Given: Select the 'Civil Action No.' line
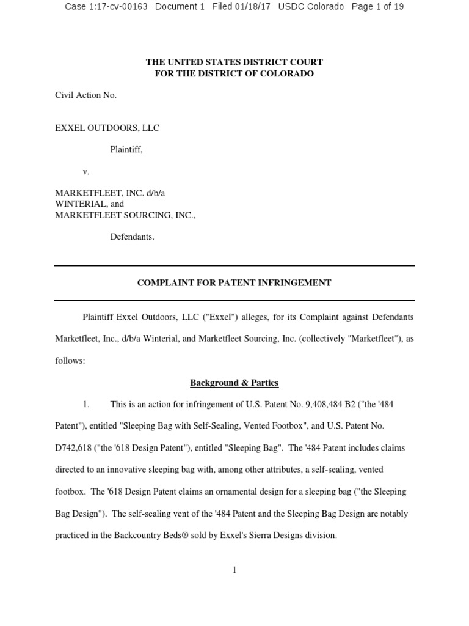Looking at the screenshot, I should click(85, 95).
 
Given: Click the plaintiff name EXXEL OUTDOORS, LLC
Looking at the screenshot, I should click(107, 128).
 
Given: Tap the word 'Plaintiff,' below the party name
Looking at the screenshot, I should click(126, 150).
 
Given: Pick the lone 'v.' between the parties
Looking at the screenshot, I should click(86, 172).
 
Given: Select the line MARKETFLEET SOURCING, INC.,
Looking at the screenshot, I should click(125, 215).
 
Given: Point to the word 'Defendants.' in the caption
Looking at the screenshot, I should click(132, 237).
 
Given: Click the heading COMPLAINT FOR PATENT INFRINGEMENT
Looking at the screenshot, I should click(234, 283).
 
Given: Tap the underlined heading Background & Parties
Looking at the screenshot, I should click(234, 383).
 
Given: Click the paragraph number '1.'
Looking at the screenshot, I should click(86, 405).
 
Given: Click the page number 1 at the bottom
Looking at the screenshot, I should click(234, 570).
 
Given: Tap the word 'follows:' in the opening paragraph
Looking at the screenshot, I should click(70, 361).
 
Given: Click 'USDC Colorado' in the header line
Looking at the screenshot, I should click(310, 7).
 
